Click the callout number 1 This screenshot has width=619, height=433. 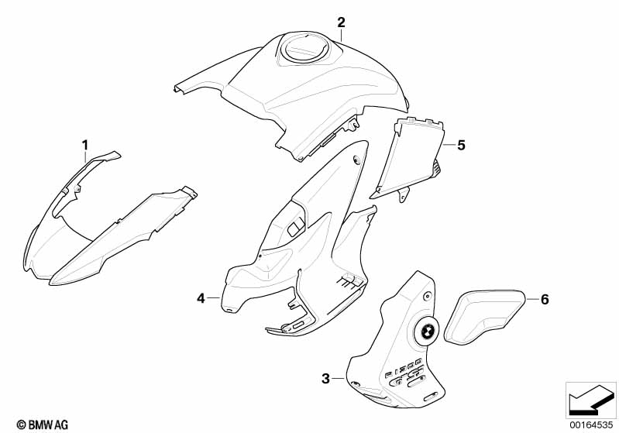pyautogui.click(x=85, y=146)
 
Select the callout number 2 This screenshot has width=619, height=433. pyautogui.click(x=341, y=22)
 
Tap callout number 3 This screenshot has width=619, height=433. pyautogui.click(x=325, y=379)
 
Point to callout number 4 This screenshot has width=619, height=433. pyautogui.click(x=201, y=298)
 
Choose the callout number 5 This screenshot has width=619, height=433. pyautogui.click(x=461, y=146)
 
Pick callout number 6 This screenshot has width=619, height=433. pyautogui.click(x=545, y=299)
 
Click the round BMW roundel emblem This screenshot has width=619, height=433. pyautogui.click(x=425, y=332)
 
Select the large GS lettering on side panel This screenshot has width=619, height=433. pyautogui.click(x=408, y=376)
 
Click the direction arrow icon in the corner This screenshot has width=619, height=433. pyautogui.click(x=590, y=400)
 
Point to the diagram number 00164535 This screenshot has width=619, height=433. pyautogui.click(x=591, y=425)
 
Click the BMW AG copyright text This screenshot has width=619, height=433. pyautogui.click(x=43, y=424)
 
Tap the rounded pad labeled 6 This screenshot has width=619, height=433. pyautogui.click(x=485, y=316)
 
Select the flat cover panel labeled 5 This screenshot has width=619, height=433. pyautogui.click(x=408, y=158)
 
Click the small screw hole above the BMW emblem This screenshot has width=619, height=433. pyautogui.click(x=427, y=296)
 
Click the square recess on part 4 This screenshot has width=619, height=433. pyautogui.click(x=295, y=228)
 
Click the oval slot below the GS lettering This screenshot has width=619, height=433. pyautogui.click(x=431, y=397)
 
